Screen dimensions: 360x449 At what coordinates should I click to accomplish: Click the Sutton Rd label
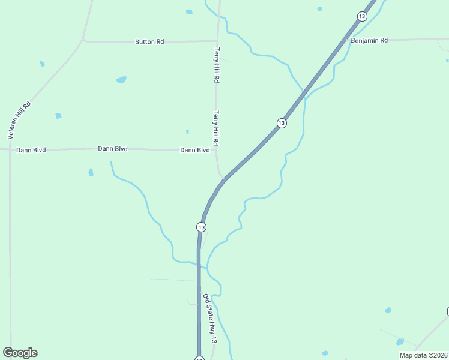tap(149, 42)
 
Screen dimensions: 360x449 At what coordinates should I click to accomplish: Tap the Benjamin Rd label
tap(370, 40)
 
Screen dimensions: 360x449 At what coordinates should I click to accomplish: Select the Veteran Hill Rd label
tap(19, 121)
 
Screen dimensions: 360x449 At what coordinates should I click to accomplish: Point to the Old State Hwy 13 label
tap(209, 319)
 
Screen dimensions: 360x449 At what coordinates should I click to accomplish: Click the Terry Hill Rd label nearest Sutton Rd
tap(217, 65)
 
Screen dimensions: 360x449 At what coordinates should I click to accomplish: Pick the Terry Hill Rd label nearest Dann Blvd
tap(215, 128)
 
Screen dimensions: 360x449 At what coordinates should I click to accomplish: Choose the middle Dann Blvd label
tap(113, 148)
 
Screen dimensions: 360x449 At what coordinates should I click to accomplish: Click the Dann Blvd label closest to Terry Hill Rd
tap(195, 150)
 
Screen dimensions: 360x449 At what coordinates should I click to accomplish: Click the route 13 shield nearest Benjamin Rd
tap(361, 16)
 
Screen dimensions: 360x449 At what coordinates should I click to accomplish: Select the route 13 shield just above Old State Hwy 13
tap(201, 227)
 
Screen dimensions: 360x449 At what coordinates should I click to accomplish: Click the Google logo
tap(20, 353)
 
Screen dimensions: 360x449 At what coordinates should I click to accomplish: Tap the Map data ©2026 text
tap(423, 355)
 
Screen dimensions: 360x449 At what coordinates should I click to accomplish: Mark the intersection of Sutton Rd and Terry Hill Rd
tap(217, 41)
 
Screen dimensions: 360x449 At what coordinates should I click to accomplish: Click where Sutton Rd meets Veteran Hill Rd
tap(83, 40)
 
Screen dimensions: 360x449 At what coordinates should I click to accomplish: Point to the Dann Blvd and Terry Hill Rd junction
tap(217, 150)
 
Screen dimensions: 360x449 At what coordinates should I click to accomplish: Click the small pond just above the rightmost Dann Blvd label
tap(187, 132)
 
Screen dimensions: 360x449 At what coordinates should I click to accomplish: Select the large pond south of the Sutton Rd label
tap(121, 80)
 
